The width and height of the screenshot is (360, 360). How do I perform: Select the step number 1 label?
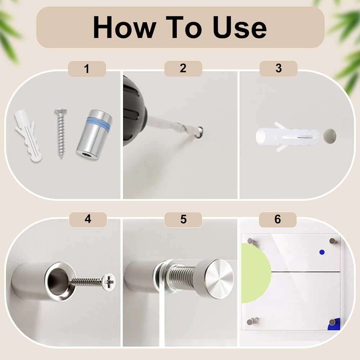[x=86, y=69]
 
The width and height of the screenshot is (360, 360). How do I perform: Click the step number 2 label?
[x=183, y=68]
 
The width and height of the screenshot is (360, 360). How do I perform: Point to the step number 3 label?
[x=279, y=68]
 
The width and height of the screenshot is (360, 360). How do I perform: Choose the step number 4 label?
[x=88, y=219]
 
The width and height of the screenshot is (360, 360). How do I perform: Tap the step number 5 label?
[x=183, y=219]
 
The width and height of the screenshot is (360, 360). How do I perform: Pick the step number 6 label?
[x=278, y=219]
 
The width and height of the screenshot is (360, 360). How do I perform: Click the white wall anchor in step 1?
[x=28, y=135]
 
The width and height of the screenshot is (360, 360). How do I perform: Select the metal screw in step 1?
[x=60, y=133]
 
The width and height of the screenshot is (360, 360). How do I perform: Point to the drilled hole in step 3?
[x=329, y=136]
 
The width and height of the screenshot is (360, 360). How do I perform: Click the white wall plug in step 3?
[x=287, y=137]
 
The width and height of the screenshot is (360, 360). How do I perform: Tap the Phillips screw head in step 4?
[x=109, y=282]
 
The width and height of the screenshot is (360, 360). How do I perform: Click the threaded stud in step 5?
[x=181, y=275]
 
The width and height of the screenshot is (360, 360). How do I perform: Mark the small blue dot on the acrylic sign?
[x=322, y=252]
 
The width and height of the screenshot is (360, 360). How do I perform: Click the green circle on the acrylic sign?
[x=255, y=273]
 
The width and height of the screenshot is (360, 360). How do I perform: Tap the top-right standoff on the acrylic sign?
[x=332, y=241]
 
